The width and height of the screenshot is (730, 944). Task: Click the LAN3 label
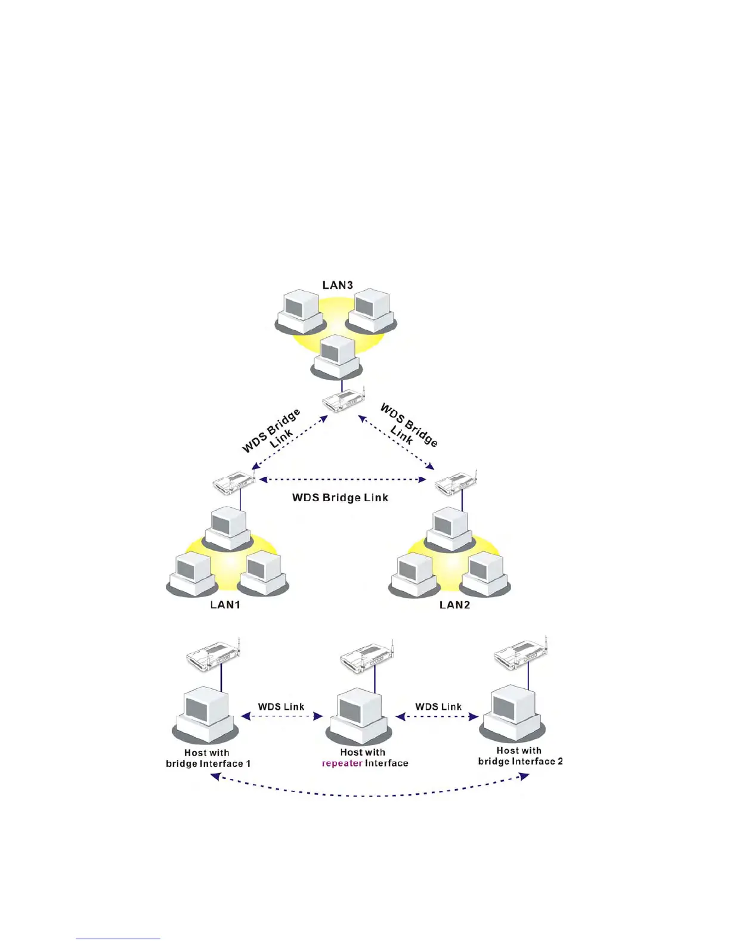[x=338, y=285]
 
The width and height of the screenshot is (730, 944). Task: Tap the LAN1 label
[x=225, y=604]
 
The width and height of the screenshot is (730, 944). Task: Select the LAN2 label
[x=454, y=605]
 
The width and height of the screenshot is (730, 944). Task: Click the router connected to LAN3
[x=343, y=400]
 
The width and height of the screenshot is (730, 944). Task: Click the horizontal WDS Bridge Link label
[x=340, y=498]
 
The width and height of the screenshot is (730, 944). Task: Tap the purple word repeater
[x=342, y=763]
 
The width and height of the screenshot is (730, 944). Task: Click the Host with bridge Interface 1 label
[x=208, y=758]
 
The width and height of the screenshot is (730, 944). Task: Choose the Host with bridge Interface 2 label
[x=520, y=756]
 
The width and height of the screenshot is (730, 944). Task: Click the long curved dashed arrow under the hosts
[x=370, y=794]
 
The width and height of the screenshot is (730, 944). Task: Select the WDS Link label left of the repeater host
[x=281, y=707]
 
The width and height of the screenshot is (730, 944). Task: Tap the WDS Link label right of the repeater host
[x=438, y=707]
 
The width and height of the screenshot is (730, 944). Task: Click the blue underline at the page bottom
[x=118, y=939]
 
